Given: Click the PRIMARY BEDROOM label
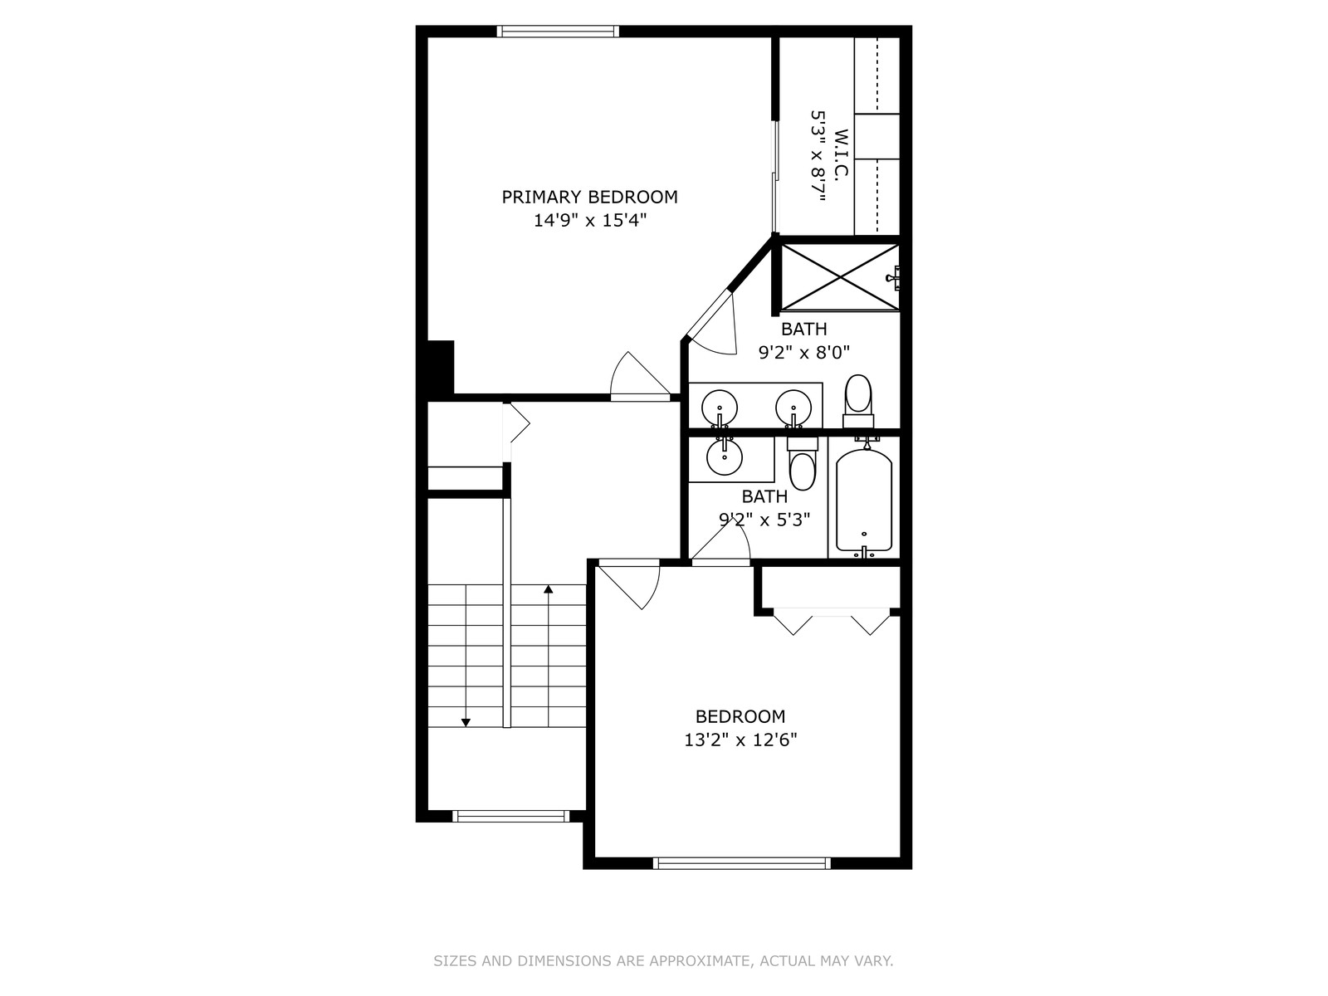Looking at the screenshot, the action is pyautogui.click(x=589, y=198).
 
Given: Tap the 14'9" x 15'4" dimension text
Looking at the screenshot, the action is pyautogui.click(x=589, y=220).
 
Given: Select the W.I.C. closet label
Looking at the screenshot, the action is pyautogui.click(x=841, y=153).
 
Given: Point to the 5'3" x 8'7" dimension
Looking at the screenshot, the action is pyautogui.click(x=818, y=156).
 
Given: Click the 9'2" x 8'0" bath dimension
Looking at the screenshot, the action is pyautogui.click(x=804, y=352).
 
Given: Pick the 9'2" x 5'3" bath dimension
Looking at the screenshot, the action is pyautogui.click(x=764, y=520).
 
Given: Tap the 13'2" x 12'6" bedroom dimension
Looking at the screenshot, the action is pyautogui.click(x=740, y=740).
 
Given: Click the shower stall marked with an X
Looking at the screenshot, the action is pyautogui.click(x=840, y=277).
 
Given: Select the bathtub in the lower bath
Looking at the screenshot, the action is pyautogui.click(x=864, y=500).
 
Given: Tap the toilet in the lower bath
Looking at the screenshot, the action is pyautogui.click(x=803, y=465).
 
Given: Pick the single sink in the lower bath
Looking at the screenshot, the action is pyautogui.click(x=725, y=457).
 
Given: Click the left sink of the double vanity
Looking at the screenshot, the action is pyautogui.click(x=720, y=408).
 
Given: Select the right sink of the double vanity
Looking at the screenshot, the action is pyautogui.click(x=793, y=408).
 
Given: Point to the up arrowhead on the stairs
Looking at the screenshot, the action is pyautogui.click(x=548, y=588).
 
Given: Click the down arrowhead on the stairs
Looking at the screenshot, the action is pyautogui.click(x=466, y=723).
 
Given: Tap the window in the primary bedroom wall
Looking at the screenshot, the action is pyautogui.click(x=558, y=32).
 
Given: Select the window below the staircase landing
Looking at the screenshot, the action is pyautogui.click(x=511, y=816).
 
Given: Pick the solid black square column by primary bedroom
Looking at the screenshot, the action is pyautogui.click(x=441, y=367).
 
